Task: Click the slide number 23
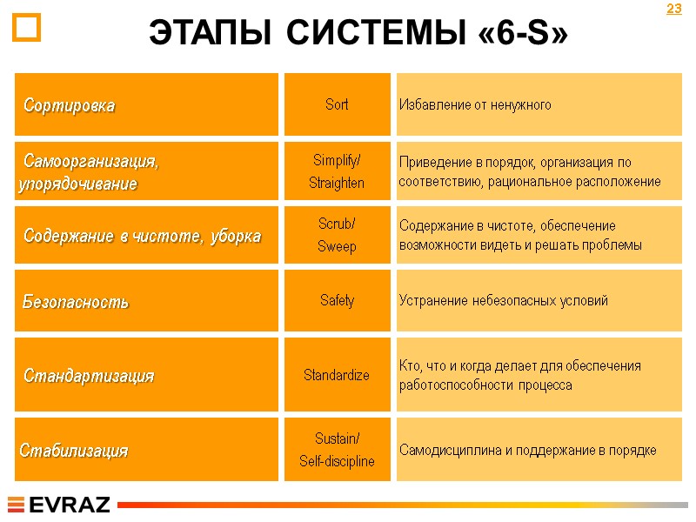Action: click(x=673, y=10)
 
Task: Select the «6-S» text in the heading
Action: click(x=525, y=34)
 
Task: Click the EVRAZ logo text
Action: click(x=70, y=505)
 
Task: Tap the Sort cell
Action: click(x=337, y=104)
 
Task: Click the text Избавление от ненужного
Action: click(x=475, y=105)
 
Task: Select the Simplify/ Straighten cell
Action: click(x=337, y=171)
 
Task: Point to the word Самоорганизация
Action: click(x=91, y=162)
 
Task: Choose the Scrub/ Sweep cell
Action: click(x=337, y=235)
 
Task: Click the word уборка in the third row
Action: click(x=236, y=236)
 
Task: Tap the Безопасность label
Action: click(x=76, y=302)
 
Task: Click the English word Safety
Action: click(x=337, y=300)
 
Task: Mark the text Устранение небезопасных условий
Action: click(x=503, y=301)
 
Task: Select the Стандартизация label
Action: click(x=89, y=376)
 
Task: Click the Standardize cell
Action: click(x=337, y=375)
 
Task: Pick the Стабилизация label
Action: click(x=74, y=451)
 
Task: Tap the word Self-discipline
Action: click(x=337, y=461)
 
